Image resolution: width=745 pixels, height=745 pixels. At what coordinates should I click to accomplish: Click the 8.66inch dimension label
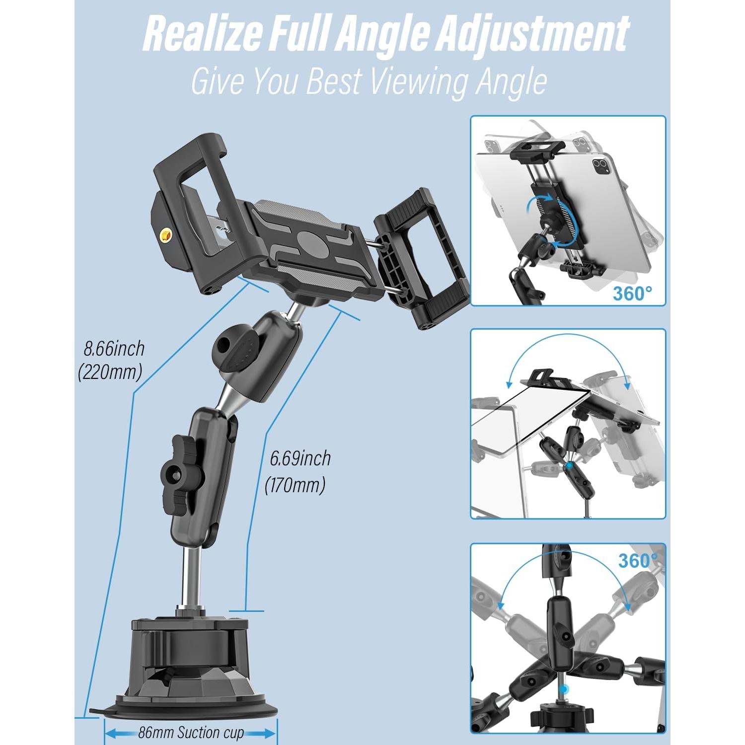click(x=114, y=349)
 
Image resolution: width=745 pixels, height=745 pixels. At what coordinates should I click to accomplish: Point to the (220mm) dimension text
click(x=110, y=372)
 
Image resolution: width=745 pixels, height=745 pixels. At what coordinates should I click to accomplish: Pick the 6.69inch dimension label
click(x=300, y=458)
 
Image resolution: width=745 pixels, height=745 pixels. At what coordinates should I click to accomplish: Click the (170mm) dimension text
click(x=295, y=485)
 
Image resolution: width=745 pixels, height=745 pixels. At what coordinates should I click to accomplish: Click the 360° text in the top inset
click(x=632, y=294)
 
